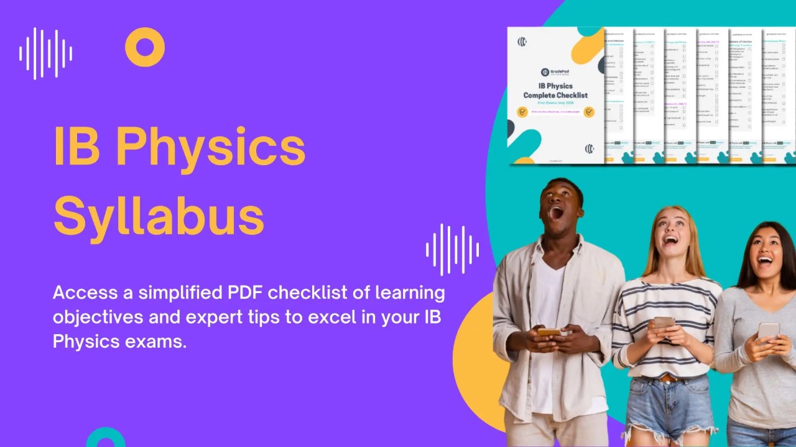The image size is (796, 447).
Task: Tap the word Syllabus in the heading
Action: point(159,214)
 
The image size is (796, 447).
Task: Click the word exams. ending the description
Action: point(155,341)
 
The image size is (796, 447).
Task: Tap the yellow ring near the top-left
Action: point(145,47)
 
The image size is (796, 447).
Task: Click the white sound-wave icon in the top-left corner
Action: point(45,53)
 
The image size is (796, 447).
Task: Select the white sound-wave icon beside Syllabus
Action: point(452,250)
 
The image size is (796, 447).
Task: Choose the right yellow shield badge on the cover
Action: point(588,112)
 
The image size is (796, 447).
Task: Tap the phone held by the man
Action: point(549,332)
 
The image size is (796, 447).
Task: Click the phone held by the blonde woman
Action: point(664,323)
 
